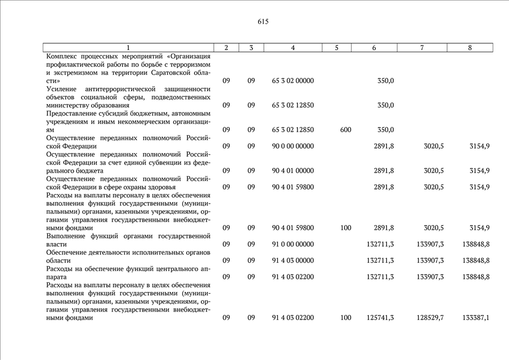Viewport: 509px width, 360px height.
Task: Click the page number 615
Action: point(263,22)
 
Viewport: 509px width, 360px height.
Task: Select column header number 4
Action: point(293,48)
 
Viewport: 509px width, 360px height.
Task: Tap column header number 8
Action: point(470,48)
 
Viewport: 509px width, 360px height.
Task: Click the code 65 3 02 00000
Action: point(292,81)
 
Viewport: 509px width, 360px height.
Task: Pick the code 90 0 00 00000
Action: point(292,146)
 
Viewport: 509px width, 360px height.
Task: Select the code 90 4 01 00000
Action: point(292,170)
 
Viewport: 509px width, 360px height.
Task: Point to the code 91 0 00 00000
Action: point(292,244)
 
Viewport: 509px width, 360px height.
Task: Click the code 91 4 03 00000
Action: point(292,260)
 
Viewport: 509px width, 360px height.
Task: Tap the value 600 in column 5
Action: point(345,130)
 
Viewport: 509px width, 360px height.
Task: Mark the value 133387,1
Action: point(476,318)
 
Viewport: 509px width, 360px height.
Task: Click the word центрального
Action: point(168,269)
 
